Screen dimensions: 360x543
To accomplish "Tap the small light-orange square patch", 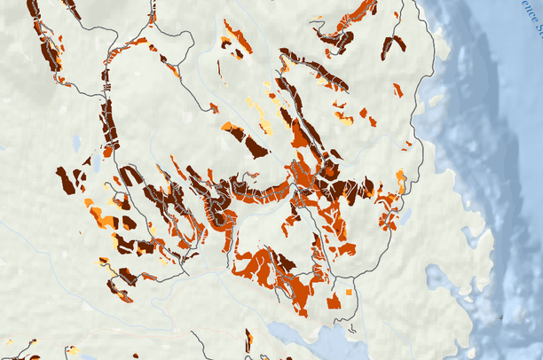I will pyautogui.click(x=349, y=291).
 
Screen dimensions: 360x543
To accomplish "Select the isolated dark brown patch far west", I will pyautogui.click(x=66, y=180).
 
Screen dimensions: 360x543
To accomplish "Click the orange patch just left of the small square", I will pyautogui.click(x=334, y=302).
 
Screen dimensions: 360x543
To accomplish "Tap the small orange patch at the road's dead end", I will pyautogui.click(x=214, y=108).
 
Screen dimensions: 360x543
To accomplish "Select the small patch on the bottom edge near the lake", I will pyautogui.click(x=248, y=340).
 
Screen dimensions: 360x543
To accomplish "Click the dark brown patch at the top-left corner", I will pyautogui.click(x=35, y=9).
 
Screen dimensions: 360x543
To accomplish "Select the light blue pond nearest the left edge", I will pyautogui.click(x=77, y=141).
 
